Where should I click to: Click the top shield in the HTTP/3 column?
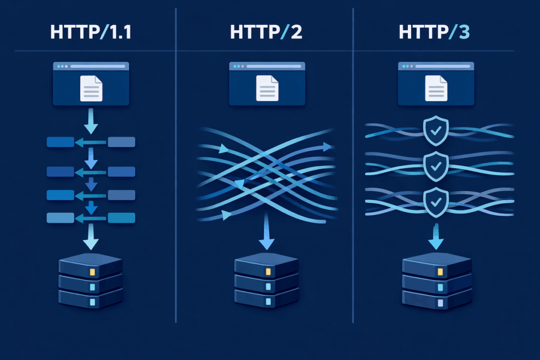point(436,129)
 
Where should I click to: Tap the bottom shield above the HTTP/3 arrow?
point(436,200)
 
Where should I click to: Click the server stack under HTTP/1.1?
point(91,283)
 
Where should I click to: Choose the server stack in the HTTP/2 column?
point(267,283)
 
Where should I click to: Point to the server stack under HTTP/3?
point(436,283)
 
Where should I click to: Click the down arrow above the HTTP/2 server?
point(267,235)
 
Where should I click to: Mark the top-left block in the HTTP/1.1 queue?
point(60,142)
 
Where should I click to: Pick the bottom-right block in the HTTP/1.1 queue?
point(121,218)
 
